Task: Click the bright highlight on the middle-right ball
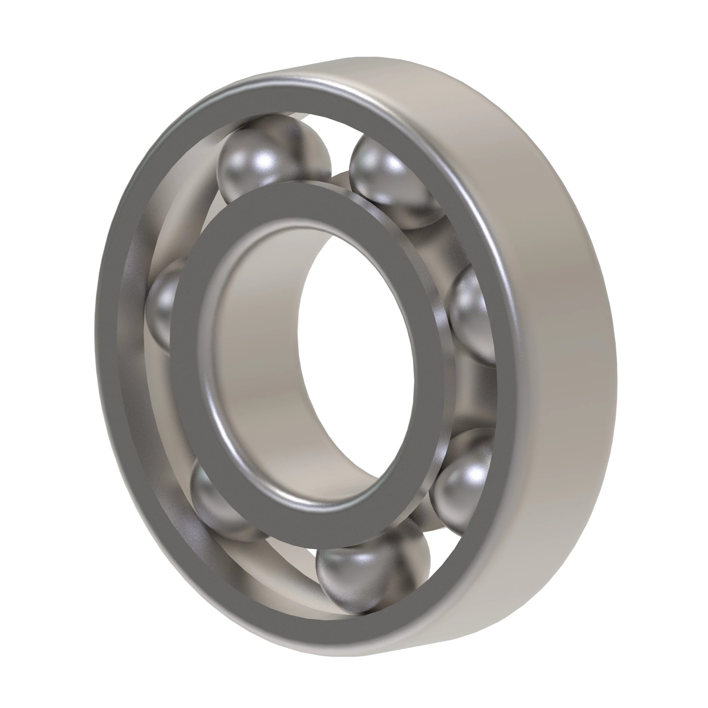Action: tap(473, 304)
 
